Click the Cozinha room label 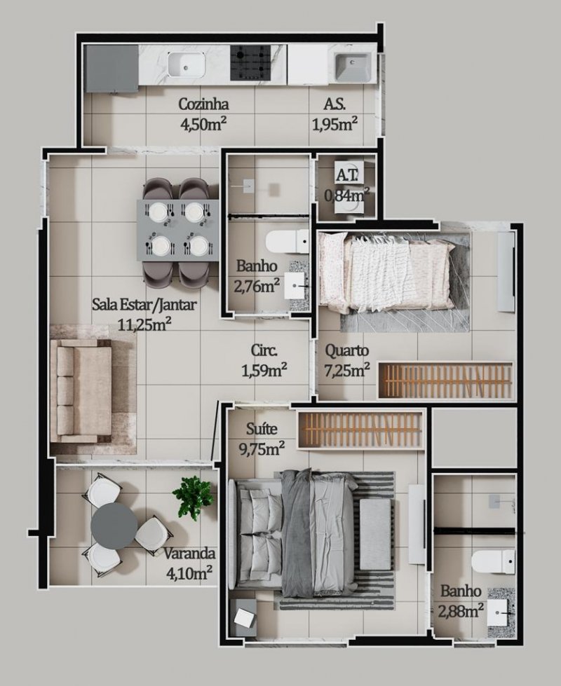204,104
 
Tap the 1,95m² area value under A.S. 335,125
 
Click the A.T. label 348,174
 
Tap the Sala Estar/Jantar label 144,305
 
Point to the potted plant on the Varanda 192,497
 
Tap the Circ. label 264,350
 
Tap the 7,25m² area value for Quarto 347,371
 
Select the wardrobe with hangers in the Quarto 446,380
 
